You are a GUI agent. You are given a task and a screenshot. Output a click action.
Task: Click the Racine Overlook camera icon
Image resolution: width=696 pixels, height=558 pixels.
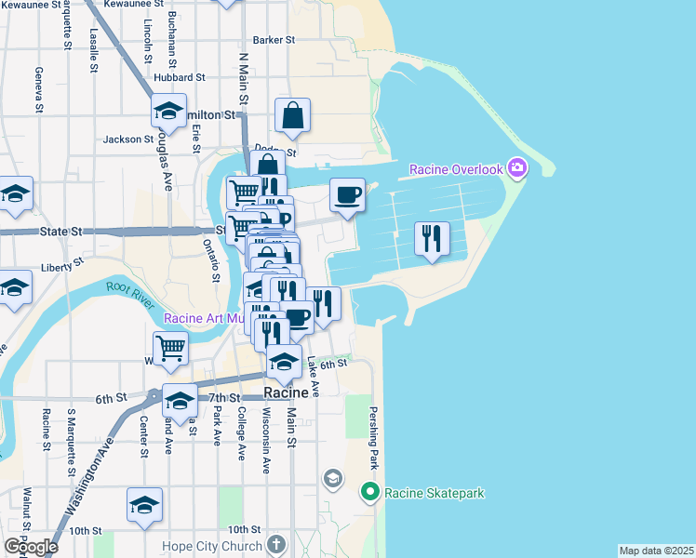pyautogui.click(x=518, y=168)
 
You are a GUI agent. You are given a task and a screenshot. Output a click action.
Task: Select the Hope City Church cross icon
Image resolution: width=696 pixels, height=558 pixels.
pyautogui.click(x=275, y=544)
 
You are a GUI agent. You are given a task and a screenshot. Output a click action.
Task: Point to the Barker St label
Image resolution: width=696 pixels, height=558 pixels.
pyautogui.click(x=274, y=40)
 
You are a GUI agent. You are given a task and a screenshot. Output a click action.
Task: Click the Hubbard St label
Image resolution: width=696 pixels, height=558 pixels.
pyautogui.click(x=180, y=77)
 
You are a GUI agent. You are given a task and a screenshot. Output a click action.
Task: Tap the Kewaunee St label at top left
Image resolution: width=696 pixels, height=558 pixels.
pyautogui.click(x=32, y=5)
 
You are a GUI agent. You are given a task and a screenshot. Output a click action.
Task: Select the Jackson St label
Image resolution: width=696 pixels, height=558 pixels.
pyautogui.click(x=128, y=139)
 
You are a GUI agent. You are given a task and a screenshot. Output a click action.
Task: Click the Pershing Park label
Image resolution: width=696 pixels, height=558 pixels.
pyautogui.click(x=373, y=436)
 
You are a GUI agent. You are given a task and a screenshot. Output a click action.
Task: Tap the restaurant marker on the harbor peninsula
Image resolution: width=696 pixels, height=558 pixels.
pyautogui.click(x=432, y=239)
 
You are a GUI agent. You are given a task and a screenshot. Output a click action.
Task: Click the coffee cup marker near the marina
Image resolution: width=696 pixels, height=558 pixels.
pyautogui.click(x=347, y=194)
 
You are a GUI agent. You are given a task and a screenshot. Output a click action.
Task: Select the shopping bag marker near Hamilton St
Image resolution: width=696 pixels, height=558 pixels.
pyautogui.click(x=292, y=116)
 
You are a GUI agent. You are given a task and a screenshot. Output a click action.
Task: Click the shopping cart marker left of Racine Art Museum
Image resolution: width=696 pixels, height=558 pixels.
pyautogui.click(x=171, y=348)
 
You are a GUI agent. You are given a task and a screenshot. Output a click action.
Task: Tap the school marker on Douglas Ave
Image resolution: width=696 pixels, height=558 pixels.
pyautogui.click(x=168, y=111)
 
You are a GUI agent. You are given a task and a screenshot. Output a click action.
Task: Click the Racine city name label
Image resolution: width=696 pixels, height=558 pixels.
pyautogui.click(x=287, y=393)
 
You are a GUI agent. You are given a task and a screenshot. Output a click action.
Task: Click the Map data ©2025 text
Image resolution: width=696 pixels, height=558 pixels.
pyautogui.click(x=656, y=551)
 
